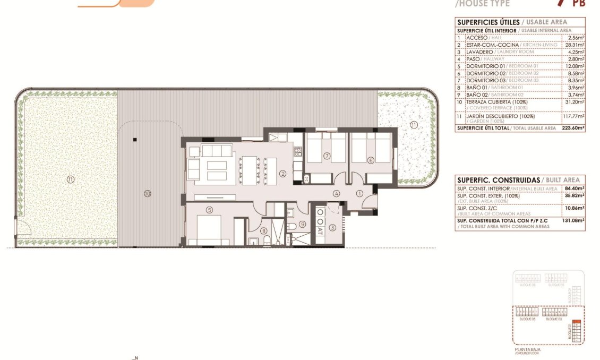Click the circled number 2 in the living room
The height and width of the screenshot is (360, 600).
tap(283, 173)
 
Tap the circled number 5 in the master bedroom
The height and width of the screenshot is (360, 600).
tap(210, 210)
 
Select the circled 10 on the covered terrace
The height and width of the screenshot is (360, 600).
tap(147, 193)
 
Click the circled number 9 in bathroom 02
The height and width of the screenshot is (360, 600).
tap(302, 224)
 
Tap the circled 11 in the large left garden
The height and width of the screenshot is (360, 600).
tap(71, 179)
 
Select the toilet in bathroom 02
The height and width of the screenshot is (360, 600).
tap(292, 227)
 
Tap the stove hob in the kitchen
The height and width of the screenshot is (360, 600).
tap(298, 153)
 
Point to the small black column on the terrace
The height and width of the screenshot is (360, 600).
tap(135, 140)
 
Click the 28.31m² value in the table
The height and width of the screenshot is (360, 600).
tap(574, 45)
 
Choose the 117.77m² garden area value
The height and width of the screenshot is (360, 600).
tap(573, 116)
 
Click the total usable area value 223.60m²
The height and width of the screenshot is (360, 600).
tap(573, 128)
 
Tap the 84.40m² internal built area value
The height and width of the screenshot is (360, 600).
tap(574, 188)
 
